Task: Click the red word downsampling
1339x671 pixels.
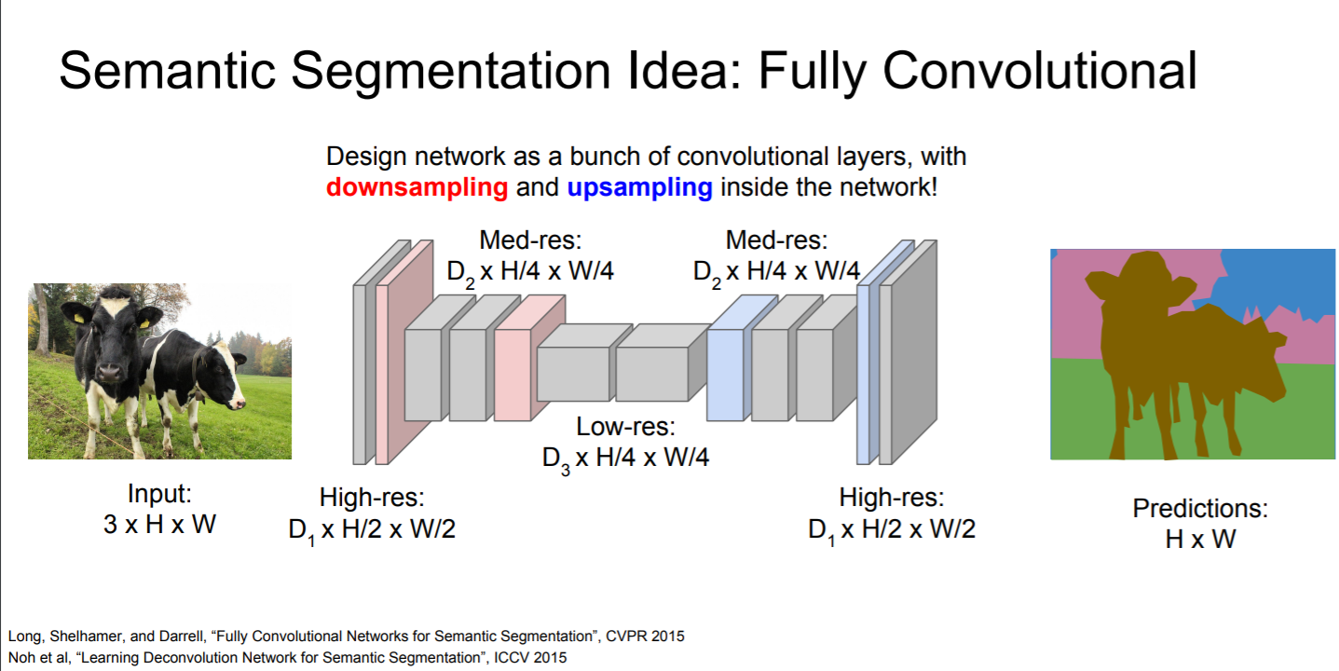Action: (417, 188)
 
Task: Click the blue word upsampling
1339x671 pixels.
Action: (639, 188)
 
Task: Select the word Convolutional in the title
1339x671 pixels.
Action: (1040, 71)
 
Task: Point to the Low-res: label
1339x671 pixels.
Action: (625, 427)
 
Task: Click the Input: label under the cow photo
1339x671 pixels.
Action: (159, 494)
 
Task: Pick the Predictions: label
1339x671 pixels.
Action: (1200, 508)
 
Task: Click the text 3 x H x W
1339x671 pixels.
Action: (159, 525)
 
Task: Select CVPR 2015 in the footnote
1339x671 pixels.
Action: (645, 636)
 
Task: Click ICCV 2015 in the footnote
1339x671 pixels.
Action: (531, 657)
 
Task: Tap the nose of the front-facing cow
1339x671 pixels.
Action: (109, 373)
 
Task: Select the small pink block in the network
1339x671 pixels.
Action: (529, 358)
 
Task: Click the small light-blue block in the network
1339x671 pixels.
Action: (742, 358)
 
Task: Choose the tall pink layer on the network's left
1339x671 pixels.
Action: (404, 352)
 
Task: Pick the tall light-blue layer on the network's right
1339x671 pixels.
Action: (885, 352)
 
